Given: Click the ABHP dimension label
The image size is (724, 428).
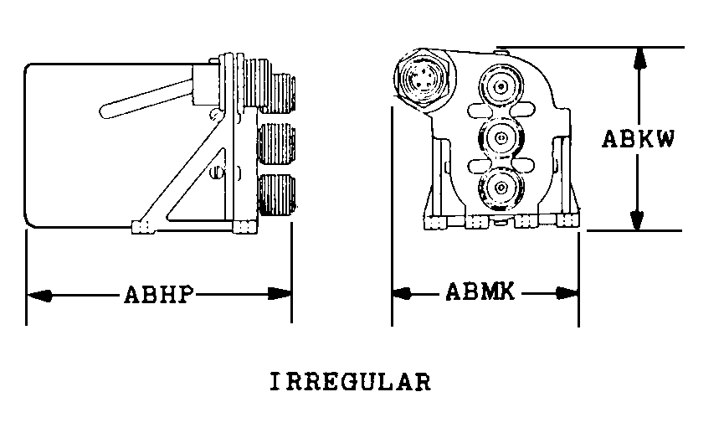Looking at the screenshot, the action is click(x=159, y=295).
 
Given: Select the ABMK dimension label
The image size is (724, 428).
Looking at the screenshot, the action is click(x=480, y=292).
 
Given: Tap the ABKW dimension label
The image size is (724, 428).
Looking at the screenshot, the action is click(x=639, y=138).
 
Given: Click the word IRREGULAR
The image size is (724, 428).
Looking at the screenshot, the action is click(x=351, y=382).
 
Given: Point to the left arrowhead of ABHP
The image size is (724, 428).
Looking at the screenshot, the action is click(x=39, y=295).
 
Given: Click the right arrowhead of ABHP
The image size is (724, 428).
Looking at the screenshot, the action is click(x=280, y=293).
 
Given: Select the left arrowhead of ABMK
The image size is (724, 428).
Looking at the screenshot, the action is click(x=402, y=293).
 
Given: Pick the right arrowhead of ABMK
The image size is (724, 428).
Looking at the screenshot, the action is click(x=567, y=293).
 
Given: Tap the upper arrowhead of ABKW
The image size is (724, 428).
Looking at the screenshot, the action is click(x=639, y=59).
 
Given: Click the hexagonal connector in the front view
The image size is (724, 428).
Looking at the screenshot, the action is click(x=423, y=78).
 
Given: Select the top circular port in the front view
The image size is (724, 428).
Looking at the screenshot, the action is click(x=501, y=86).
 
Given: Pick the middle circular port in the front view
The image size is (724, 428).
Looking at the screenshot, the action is click(x=501, y=137).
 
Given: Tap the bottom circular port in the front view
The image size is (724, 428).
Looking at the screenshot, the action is click(x=501, y=188).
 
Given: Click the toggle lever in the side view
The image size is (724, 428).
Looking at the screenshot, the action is click(x=146, y=99).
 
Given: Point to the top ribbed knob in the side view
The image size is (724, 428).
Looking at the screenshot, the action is click(x=277, y=93).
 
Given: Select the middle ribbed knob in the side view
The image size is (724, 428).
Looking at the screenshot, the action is click(x=276, y=143).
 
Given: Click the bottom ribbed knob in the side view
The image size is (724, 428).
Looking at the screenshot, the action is click(x=277, y=194).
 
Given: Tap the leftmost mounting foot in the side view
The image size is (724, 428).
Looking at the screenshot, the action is click(x=141, y=227).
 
